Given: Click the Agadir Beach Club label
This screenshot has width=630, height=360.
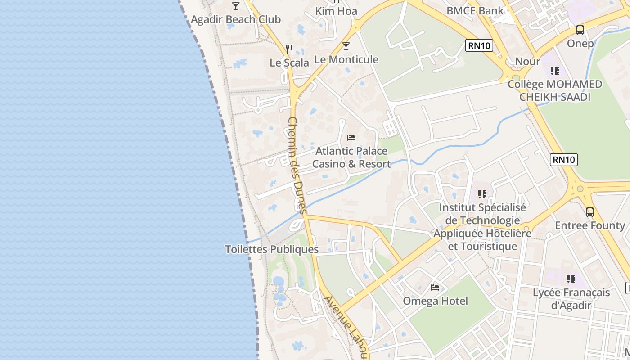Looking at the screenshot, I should click(236, 19).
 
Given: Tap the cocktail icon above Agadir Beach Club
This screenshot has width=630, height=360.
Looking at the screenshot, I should click(236, 6).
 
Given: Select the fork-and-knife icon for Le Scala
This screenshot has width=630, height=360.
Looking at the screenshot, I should click(289, 49).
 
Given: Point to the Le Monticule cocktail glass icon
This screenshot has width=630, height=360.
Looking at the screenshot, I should click(346, 46).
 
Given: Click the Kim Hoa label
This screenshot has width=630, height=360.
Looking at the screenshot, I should click(336, 11).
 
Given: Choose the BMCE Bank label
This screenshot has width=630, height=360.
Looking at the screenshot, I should click(475, 10).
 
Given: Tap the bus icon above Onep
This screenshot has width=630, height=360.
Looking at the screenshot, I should click(580, 30).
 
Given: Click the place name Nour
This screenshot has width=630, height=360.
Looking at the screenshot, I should click(527, 61).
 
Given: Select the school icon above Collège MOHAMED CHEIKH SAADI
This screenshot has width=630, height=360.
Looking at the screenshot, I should click(555, 71).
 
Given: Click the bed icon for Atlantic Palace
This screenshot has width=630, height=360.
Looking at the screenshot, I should click(351, 137).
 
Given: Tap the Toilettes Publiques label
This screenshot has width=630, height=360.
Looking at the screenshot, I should click(272, 249).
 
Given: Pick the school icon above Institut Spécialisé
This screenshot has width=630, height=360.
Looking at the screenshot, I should click(482, 194).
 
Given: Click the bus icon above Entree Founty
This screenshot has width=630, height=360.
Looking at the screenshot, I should click(590, 212).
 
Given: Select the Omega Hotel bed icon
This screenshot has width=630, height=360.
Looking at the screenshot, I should click(435, 287).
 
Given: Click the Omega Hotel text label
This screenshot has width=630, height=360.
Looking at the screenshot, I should click(436, 301).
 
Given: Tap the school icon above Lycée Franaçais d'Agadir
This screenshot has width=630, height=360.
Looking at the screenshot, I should click(571, 279).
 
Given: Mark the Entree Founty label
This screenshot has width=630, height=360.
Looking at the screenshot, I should click(590, 225).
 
